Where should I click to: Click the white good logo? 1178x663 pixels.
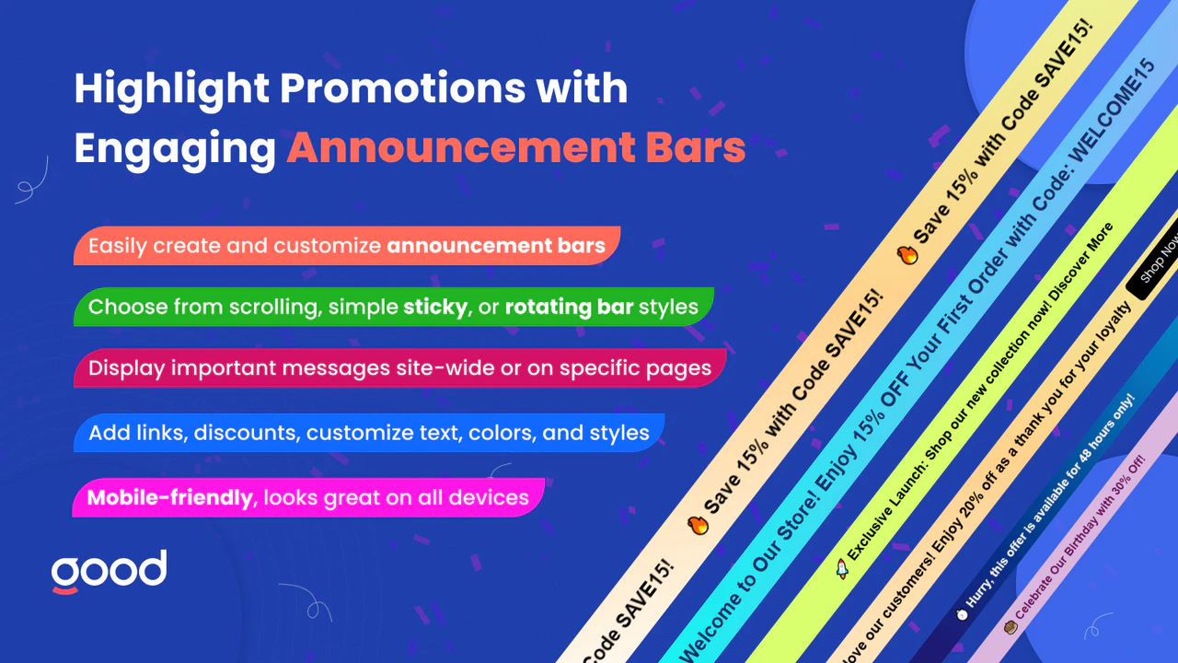point(110,572)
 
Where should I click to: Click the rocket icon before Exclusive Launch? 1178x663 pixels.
point(841,568)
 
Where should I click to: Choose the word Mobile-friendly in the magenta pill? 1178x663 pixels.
point(169,498)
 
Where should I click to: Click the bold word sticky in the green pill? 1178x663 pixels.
point(434,306)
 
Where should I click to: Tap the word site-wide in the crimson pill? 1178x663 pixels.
point(447,368)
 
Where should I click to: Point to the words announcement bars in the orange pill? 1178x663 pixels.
point(495,246)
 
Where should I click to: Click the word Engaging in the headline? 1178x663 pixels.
point(174,147)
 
